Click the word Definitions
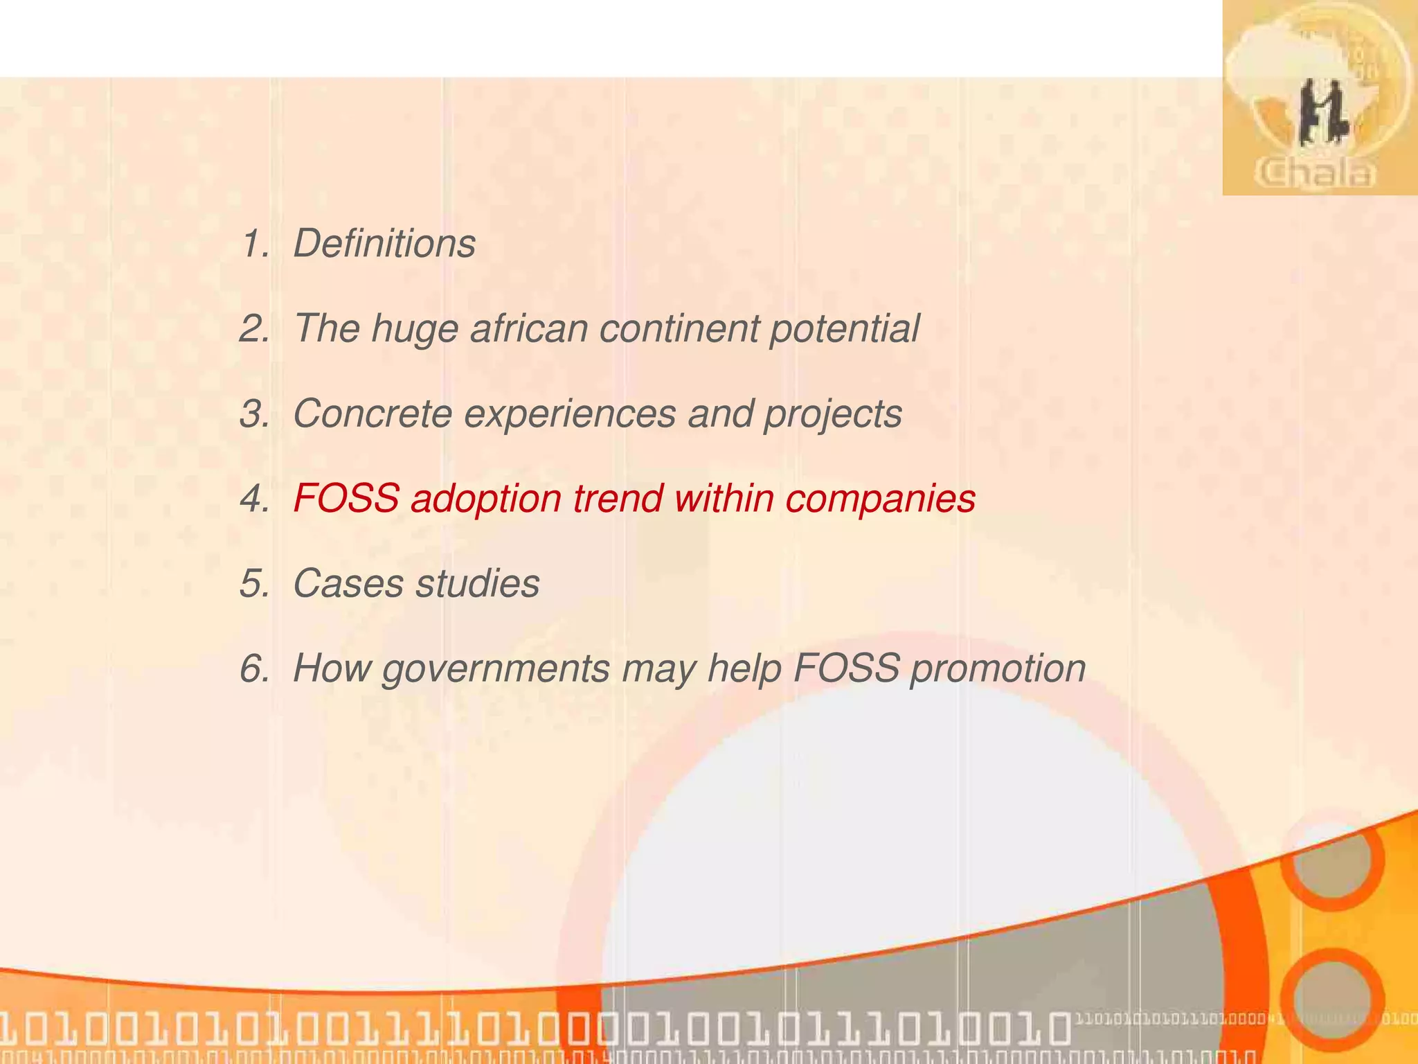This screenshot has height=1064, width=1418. (x=384, y=244)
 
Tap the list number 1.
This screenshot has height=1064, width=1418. (x=253, y=244)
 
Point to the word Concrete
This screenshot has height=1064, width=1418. (x=373, y=414)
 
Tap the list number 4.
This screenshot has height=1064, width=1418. (x=253, y=499)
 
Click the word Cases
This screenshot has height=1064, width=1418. (x=348, y=583)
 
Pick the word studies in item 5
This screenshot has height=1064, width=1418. (x=477, y=583)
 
